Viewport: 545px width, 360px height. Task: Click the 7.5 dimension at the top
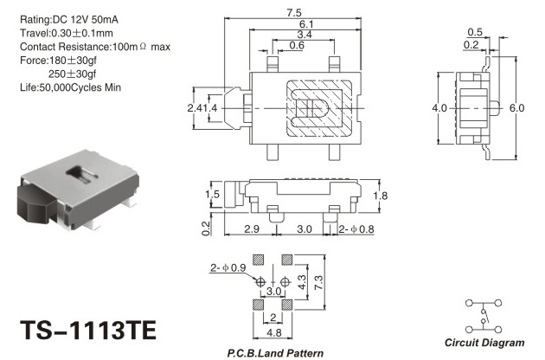tap(294, 13)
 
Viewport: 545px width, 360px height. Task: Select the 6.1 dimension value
tap(306, 24)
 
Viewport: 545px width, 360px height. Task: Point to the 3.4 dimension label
tap(305, 35)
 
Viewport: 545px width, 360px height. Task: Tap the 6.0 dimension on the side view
tap(516, 108)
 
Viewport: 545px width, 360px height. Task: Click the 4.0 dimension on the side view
tap(439, 108)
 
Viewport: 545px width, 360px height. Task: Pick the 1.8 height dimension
tap(380, 196)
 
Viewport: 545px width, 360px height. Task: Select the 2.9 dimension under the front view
tap(251, 228)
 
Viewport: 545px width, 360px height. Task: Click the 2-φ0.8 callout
tap(356, 229)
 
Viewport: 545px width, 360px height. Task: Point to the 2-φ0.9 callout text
tap(228, 267)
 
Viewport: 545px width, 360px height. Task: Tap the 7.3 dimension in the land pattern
tap(318, 282)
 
